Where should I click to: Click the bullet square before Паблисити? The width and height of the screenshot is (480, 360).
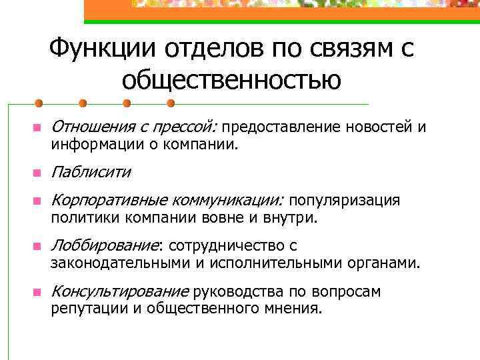coord(38,174)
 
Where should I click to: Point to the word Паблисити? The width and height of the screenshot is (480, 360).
coord(91,173)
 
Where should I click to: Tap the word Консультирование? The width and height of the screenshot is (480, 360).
coord(120,291)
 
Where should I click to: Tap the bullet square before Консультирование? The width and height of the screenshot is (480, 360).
coord(38,293)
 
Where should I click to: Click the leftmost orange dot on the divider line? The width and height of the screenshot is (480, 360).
coord(39,103)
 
